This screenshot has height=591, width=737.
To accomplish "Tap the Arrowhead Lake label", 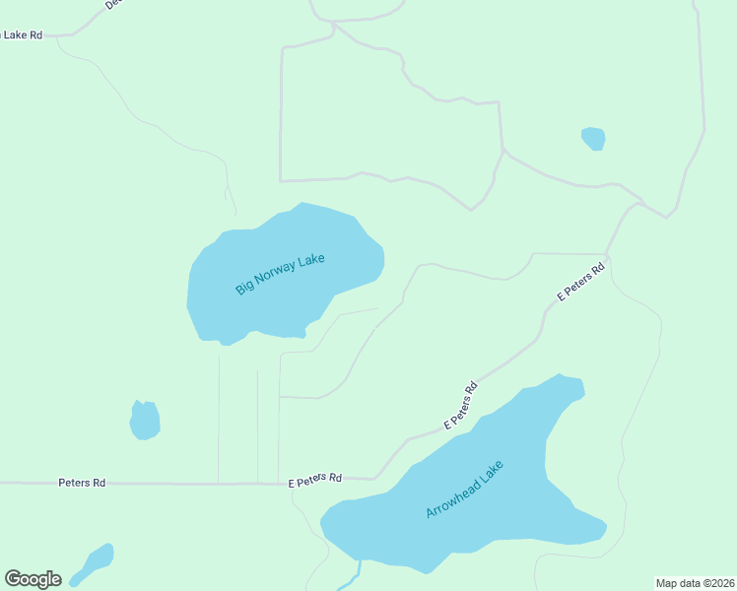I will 465,489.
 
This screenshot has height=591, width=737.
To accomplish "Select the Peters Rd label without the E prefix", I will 82,483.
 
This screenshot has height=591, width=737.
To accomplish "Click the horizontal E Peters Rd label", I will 315,480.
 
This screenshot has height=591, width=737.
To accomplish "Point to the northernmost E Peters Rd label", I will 580,282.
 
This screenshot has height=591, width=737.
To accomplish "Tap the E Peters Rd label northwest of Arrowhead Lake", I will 460,406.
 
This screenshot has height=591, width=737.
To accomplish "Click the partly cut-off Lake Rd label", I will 22,34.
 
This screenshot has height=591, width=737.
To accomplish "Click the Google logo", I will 33,579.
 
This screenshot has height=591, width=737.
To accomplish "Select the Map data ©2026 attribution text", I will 696,583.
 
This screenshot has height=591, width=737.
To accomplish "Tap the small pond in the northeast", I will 593,138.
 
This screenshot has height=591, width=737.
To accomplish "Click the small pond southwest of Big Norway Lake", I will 145,421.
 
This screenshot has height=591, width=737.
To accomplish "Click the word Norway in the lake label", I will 279,275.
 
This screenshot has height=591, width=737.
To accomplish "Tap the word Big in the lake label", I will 243,289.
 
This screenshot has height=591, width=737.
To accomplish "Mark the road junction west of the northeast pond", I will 502,151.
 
